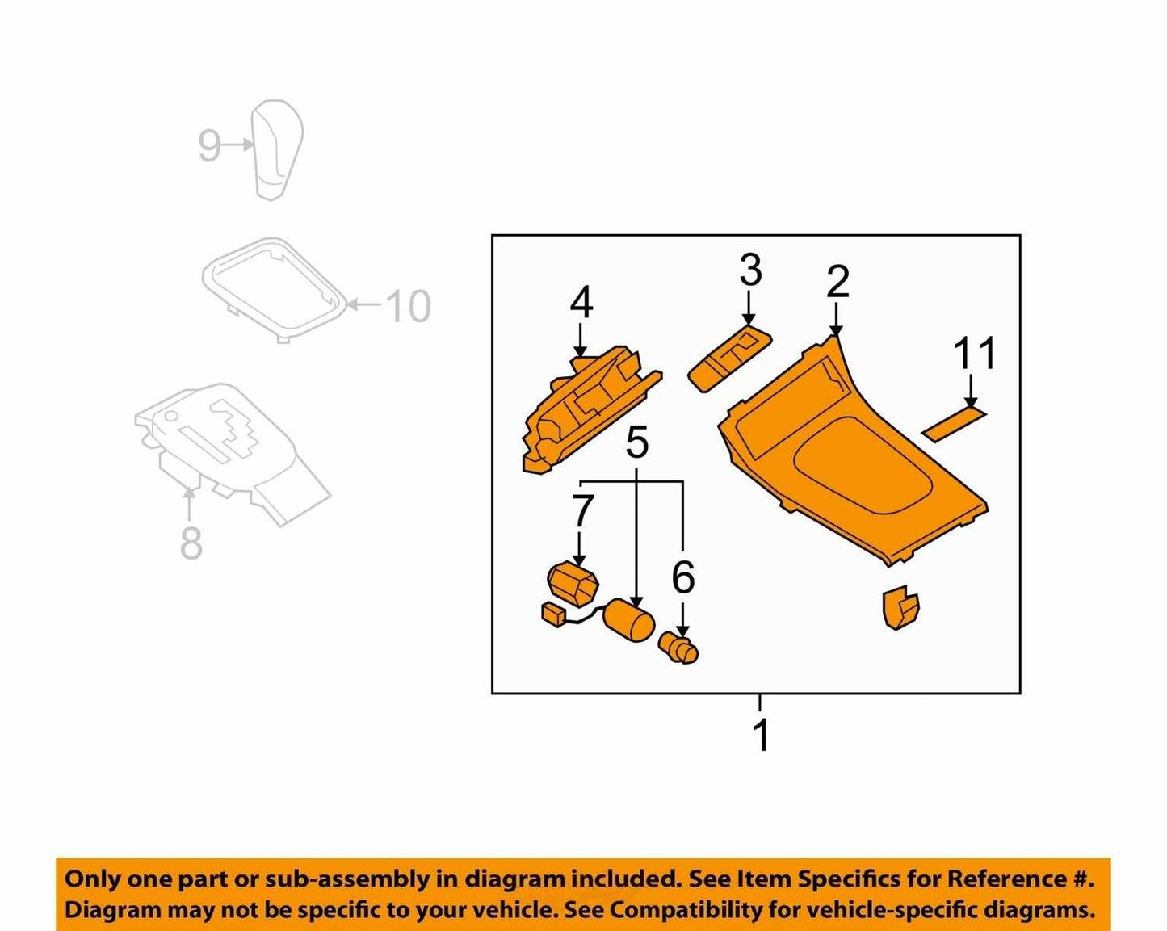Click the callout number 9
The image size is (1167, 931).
pyautogui.click(x=209, y=145)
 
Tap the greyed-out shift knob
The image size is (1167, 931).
pyautogui.click(x=277, y=149)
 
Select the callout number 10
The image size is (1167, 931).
pyautogui.click(x=409, y=306)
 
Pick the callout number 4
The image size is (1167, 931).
pyautogui.click(x=581, y=303)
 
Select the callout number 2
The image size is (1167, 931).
pyautogui.click(x=837, y=281)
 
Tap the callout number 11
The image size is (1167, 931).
pyautogui.click(x=975, y=353)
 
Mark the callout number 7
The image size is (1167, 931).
pyautogui.click(x=582, y=511)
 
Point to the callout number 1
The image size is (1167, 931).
pyautogui.click(x=762, y=736)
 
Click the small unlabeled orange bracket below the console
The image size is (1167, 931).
pyautogui.click(x=900, y=606)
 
